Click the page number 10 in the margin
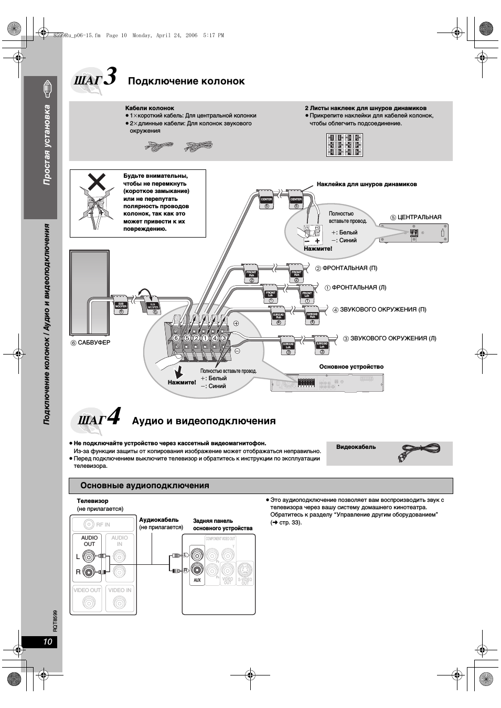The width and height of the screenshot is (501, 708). (48, 642)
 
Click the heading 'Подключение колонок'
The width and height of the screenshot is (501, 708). (186, 81)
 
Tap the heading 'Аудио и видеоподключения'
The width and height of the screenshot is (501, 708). (204, 421)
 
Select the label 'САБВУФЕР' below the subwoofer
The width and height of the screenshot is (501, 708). (94, 342)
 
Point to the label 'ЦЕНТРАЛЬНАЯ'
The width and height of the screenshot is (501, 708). (419, 217)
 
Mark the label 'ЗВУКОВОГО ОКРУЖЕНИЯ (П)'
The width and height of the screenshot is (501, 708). (383, 309)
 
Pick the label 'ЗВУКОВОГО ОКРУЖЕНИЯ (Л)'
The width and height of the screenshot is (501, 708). (393, 338)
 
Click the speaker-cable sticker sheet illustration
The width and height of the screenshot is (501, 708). (344, 145)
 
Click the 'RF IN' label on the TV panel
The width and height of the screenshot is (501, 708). (103, 524)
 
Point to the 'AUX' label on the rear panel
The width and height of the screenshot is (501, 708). (197, 580)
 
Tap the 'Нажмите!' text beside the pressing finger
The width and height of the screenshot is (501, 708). (182, 382)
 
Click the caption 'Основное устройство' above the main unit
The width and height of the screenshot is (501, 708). (351, 367)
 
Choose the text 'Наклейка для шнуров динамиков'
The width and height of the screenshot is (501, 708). (367, 184)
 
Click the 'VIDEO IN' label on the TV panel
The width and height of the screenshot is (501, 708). (120, 590)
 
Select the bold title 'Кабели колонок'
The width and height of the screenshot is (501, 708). (150, 108)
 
